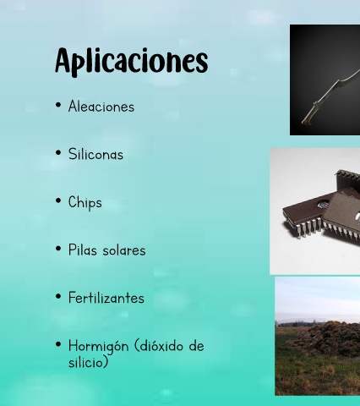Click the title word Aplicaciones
[132, 62]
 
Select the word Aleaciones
[101, 107]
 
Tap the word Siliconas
[95, 154]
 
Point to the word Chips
[85, 203]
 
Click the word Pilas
[83, 250]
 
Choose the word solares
[124, 250]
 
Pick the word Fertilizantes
[106, 298]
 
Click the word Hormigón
[98, 346]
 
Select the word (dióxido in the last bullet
[159, 346]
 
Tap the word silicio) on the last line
[88, 362]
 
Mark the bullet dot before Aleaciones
[58, 105]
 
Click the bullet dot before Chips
[58, 200]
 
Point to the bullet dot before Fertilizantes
[58, 297]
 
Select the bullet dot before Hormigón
[58, 344]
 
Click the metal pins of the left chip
[303, 229]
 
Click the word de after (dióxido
[196, 346]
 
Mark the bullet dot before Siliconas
[58, 153]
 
